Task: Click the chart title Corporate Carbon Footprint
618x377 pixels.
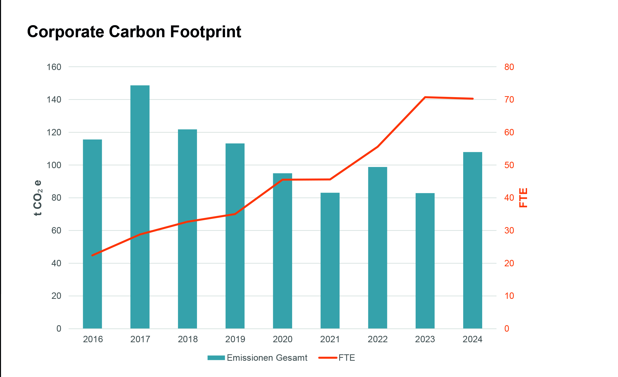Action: tap(134, 32)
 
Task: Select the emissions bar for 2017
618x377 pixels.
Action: tap(140, 207)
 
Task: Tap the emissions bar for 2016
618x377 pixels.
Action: tap(92, 234)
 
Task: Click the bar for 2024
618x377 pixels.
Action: tap(473, 240)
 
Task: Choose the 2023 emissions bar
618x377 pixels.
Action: tap(425, 261)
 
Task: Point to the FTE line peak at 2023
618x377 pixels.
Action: tap(425, 97)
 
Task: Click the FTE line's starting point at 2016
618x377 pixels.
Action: tap(92, 255)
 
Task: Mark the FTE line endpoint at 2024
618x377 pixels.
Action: tap(473, 99)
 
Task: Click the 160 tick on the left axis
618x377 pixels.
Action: tap(54, 67)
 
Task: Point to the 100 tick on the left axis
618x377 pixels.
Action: tap(54, 165)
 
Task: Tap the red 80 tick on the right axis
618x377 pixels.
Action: tap(509, 67)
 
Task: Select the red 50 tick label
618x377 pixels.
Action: tap(509, 165)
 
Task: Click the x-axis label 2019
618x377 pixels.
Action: tap(235, 339)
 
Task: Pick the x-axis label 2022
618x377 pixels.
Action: tap(377, 339)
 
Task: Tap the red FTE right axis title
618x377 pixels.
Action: tap(523, 198)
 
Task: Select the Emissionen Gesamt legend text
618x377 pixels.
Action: tap(267, 358)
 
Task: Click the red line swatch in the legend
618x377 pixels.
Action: tap(328, 358)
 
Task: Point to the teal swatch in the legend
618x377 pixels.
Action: tap(216, 358)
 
